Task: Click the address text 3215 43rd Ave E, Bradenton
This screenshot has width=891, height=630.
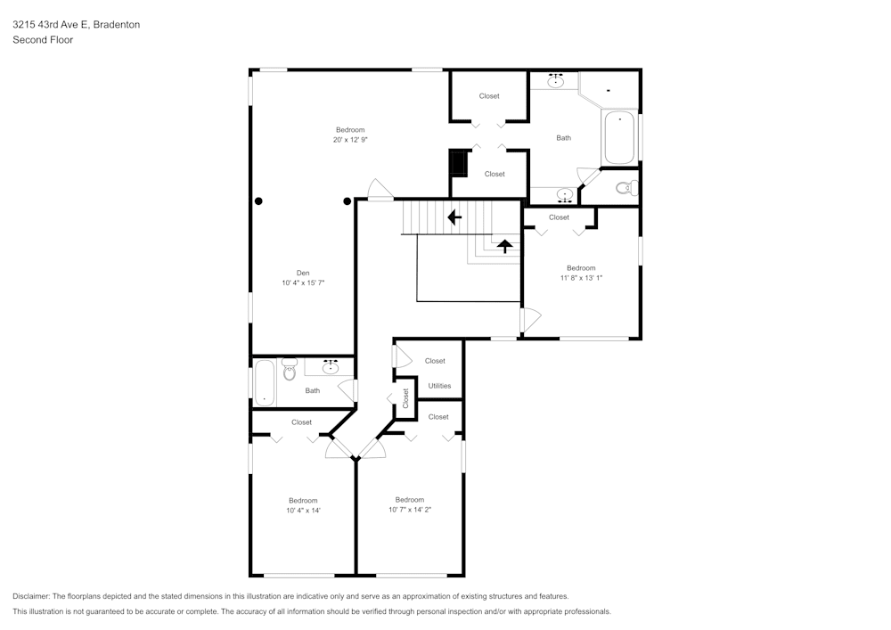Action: [x=76, y=25]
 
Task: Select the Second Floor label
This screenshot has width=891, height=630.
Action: [x=43, y=40]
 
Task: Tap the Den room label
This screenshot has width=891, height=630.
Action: [x=303, y=273]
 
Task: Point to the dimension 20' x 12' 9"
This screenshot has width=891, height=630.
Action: [x=350, y=140]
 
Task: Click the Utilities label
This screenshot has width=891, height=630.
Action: [x=439, y=386]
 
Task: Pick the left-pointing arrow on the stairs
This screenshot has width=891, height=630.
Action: [x=454, y=217]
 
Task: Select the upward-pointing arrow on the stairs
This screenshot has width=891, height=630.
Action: [x=504, y=246]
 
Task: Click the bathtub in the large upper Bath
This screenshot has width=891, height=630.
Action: [x=619, y=137]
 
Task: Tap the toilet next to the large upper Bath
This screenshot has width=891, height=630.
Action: [x=628, y=187]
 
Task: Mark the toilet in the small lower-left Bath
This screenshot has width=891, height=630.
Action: [x=290, y=370]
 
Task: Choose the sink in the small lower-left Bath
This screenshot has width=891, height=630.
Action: [x=331, y=365]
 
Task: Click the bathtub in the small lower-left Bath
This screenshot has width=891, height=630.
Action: [x=265, y=380]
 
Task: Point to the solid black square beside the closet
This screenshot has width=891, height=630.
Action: [x=459, y=164]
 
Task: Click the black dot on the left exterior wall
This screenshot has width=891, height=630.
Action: [x=258, y=201]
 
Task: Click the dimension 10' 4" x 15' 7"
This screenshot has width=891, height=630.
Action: [x=303, y=283]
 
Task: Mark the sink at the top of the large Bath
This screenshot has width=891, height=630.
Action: [x=556, y=81]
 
